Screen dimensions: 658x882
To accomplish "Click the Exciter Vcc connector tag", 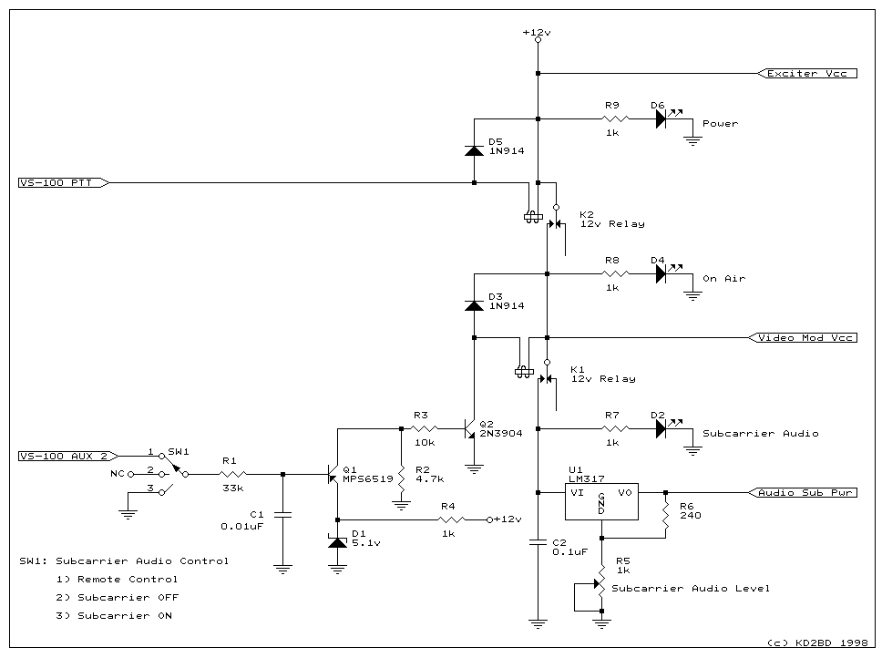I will [807, 73].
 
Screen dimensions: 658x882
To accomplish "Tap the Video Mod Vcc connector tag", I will [803, 337].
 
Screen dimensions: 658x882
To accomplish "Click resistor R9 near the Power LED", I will [615, 118].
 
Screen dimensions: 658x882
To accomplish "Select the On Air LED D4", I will [661, 273].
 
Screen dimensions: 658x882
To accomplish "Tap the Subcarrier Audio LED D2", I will [661, 428].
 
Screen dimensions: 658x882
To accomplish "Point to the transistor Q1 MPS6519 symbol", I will [333, 474].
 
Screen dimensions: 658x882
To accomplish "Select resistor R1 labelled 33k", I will [232, 474].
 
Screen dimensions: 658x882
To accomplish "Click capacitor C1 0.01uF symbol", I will [282, 515].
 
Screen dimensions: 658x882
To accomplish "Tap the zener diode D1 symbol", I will [337, 542].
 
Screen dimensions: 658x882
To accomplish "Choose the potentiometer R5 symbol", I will [600, 580].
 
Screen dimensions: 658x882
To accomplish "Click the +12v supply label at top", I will [537, 32].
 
